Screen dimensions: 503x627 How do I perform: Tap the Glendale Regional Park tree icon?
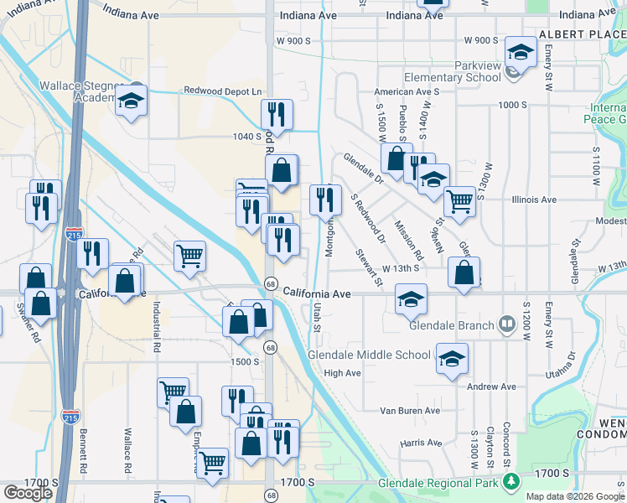pyautogui.click(x=509, y=482)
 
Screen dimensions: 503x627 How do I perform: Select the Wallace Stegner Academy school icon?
pyautogui.click(x=131, y=101)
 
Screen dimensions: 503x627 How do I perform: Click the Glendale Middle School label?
pyautogui.click(x=369, y=355)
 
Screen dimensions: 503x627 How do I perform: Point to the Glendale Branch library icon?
pyautogui.click(x=506, y=324)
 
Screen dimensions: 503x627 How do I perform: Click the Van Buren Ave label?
pyautogui.click(x=409, y=411)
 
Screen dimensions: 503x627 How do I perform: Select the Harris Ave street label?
pyautogui.click(x=421, y=443)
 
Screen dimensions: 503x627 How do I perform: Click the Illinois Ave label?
pyautogui.click(x=534, y=200)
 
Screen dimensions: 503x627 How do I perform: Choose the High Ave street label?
pyautogui.click(x=341, y=373)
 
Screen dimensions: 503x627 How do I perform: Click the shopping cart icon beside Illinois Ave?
pyautogui.click(x=459, y=201)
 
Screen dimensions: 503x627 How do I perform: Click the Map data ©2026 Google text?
pyautogui.click(x=575, y=496)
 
